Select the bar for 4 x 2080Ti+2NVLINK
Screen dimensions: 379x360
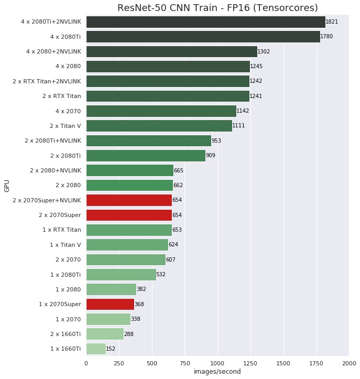pos(205,21)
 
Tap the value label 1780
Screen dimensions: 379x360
pos(326,37)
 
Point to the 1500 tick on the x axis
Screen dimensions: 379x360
pos(283,362)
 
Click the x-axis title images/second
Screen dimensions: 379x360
pos(217,372)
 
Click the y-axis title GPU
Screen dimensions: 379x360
pos(7,186)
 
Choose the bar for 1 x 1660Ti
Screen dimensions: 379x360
pos(96,349)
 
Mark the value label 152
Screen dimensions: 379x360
pos(111,349)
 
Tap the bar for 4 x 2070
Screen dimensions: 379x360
pos(161,111)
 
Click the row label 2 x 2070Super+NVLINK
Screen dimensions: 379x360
pos(47,200)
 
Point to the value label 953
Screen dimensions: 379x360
pos(217,141)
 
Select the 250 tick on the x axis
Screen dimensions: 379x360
pos(119,362)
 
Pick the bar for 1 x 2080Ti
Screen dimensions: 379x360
pos(121,274)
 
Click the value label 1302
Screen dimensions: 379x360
pos(264,51)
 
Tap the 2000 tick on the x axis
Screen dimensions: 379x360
pos(349,362)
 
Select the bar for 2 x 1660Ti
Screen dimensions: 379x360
pos(105,334)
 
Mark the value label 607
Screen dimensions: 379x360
pos(171,259)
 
